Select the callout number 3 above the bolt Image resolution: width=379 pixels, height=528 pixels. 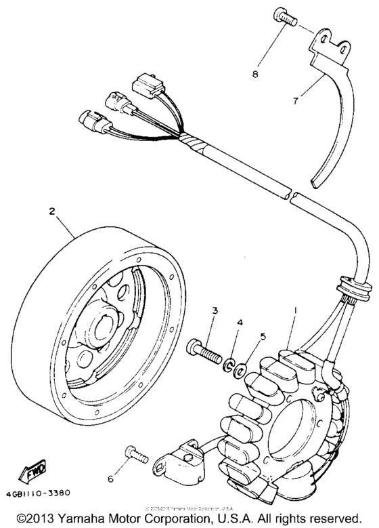pos(214,311)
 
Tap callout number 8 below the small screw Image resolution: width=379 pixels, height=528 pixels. pos(255,73)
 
